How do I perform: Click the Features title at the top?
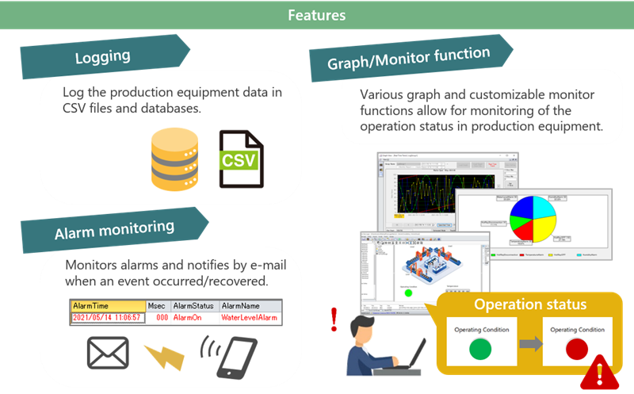coord(316,15)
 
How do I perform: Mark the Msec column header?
coord(157,305)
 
